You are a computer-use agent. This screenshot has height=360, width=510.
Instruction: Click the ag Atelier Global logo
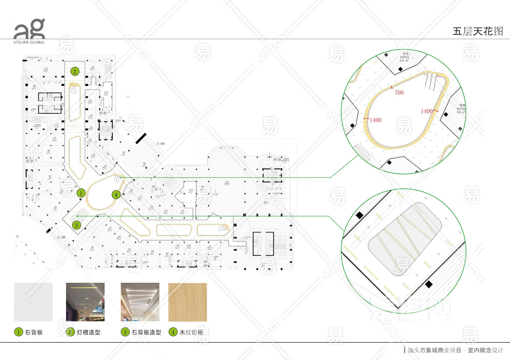coord(29,31)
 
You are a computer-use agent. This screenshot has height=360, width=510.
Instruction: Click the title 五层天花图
coord(477,31)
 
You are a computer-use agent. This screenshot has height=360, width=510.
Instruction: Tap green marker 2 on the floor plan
coord(75,71)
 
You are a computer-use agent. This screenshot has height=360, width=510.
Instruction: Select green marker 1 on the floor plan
coord(81,193)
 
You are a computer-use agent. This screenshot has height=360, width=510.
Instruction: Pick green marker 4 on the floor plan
coord(116,195)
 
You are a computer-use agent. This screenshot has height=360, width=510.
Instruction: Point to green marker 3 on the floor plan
coord(76,225)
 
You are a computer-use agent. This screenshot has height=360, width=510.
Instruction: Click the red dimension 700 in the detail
coord(399,93)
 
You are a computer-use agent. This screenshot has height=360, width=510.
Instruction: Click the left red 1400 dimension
coord(375,120)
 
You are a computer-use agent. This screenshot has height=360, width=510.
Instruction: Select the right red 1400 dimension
coord(426,111)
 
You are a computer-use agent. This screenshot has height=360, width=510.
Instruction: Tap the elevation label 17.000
coord(160,144)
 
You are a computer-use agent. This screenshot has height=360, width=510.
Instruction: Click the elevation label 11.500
coord(61,237)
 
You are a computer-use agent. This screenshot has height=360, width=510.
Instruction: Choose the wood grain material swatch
coord(187,302)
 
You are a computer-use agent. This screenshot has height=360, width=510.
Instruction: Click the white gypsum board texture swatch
coord(33,302)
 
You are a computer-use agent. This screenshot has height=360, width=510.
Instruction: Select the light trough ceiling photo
coord(85,302)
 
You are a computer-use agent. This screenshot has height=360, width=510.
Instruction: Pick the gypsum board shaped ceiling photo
coord(140,302)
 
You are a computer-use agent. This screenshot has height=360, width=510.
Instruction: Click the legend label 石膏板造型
coord(146,332)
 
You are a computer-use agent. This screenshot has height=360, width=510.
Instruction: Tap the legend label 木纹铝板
coord(191,332)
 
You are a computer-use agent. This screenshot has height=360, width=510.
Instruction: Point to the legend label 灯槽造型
coord(89,332)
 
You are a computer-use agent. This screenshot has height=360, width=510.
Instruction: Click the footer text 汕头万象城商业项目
coord(434,350)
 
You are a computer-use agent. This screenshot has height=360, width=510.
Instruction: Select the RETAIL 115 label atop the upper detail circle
coord(404,57)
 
